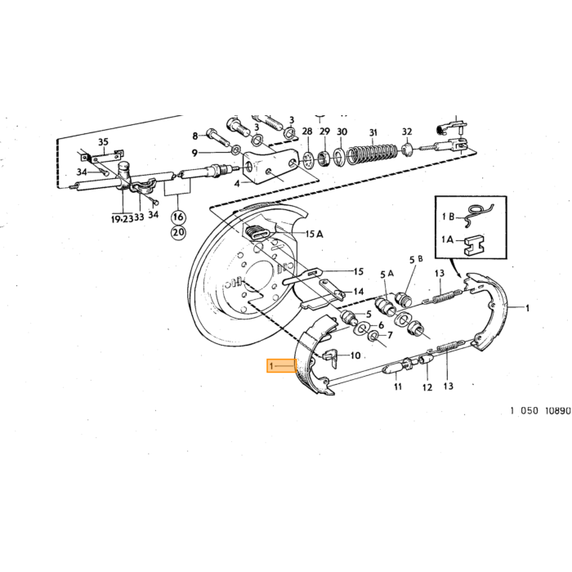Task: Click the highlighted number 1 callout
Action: (x=281, y=366)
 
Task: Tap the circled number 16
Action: (x=178, y=217)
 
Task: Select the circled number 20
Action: (x=178, y=232)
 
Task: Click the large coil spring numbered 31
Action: (x=372, y=154)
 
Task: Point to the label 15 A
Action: (x=314, y=234)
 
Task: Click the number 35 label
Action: (x=103, y=141)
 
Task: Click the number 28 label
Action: (x=307, y=132)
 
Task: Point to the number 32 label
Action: (x=407, y=132)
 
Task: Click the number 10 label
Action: (x=355, y=355)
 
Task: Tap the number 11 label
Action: (x=398, y=387)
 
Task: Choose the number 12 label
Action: (x=427, y=387)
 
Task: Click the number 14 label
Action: (x=359, y=292)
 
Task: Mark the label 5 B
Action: (x=416, y=259)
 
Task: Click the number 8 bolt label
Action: (x=195, y=136)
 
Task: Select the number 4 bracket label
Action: (x=237, y=184)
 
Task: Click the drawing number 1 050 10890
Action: (x=540, y=411)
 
